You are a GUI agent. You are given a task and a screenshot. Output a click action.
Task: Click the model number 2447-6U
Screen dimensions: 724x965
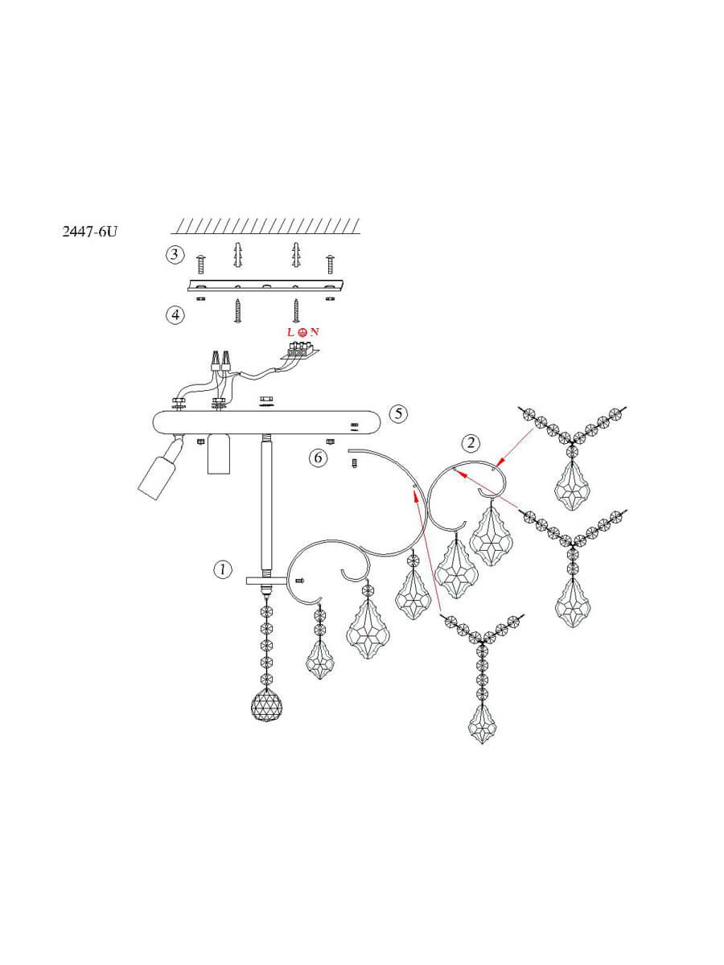click(90, 232)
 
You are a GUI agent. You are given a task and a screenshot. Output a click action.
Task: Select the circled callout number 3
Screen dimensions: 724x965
click(175, 255)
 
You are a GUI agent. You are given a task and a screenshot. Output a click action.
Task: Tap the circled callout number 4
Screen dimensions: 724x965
click(175, 314)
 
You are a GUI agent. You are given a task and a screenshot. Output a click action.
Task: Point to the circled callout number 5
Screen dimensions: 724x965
click(398, 413)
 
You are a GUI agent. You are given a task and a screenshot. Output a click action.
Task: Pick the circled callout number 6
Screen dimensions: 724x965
click(318, 458)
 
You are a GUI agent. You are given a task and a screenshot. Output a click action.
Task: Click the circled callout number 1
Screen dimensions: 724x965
click(223, 569)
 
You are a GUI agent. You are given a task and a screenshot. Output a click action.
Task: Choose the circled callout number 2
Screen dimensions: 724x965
click(471, 443)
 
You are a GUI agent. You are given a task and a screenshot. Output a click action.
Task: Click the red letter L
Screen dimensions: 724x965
click(290, 332)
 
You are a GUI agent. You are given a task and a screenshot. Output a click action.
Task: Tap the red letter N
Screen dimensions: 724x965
click(315, 332)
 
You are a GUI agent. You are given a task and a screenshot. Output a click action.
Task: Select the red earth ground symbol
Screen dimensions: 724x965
click(302, 333)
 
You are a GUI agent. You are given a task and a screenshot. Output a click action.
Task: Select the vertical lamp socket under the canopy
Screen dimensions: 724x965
click(219, 454)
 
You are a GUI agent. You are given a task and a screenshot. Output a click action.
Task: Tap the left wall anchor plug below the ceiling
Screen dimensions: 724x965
click(238, 255)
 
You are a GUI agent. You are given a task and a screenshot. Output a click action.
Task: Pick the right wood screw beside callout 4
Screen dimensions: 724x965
click(296, 311)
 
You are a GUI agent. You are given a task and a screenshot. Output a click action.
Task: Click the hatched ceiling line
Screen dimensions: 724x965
click(265, 226)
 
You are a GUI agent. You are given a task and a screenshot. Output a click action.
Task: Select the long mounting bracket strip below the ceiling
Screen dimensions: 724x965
click(265, 285)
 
